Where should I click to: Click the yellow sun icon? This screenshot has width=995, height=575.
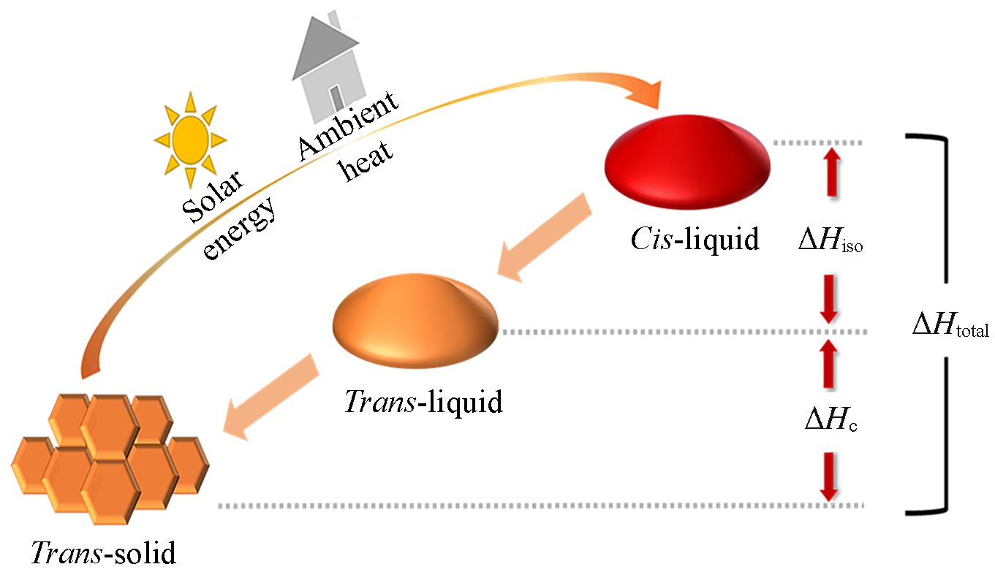(x=190, y=138)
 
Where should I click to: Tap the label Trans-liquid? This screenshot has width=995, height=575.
(x=423, y=401)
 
